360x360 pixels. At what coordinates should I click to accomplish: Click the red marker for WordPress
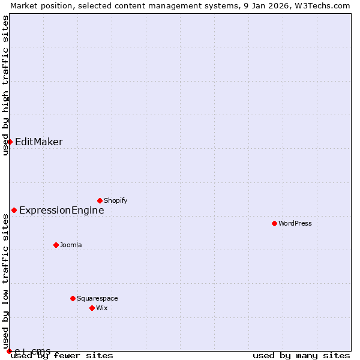[x=274, y=223]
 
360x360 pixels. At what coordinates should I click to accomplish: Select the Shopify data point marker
[x=100, y=200]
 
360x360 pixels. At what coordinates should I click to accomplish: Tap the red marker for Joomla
[x=56, y=245]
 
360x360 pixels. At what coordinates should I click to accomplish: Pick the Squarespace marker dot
[x=73, y=298]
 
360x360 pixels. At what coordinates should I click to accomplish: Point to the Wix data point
[x=92, y=308]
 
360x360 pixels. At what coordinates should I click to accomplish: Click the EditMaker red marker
[x=10, y=142]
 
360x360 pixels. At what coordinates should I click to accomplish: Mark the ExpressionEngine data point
[x=14, y=210]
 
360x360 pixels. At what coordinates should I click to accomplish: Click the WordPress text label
[x=295, y=223]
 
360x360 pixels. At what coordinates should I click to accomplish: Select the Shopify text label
[x=115, y=200]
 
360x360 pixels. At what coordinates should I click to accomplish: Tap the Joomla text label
[x=71, y=245]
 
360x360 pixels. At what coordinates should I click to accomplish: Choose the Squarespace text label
[x=97, y=298]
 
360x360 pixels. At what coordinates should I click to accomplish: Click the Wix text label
[x=102, y=308]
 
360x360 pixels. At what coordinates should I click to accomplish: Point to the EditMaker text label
[x=39, y=142]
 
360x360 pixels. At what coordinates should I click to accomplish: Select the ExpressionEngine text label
[x=62, y=210]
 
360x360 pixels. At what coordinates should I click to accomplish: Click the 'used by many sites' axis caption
[x=301, y=355]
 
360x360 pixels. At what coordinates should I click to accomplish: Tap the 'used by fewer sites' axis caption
[x=62, y=355]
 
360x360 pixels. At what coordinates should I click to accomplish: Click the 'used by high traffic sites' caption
[x=5, y=85]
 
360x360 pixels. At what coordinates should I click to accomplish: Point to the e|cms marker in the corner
[x=9, y=351]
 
